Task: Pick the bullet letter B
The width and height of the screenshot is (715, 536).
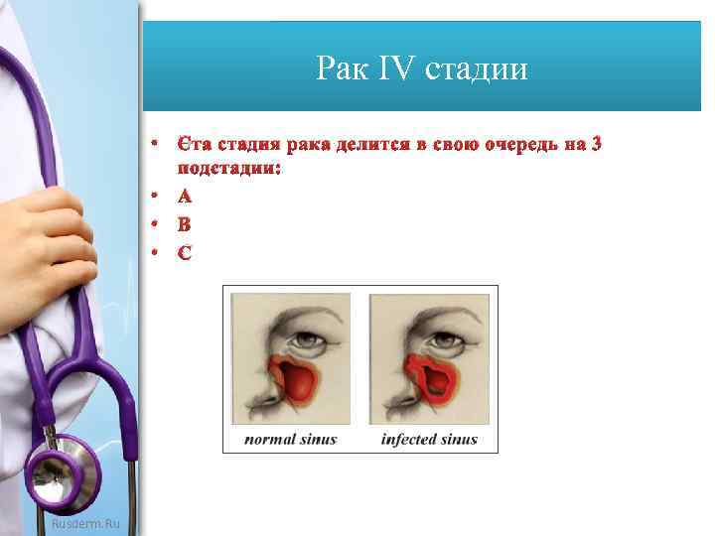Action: click(184, 223)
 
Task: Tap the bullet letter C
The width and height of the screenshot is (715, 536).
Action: click(184, 252)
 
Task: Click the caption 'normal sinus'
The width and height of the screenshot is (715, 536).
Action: click(290, 439)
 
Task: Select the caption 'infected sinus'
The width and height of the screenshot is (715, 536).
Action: click(429, 439)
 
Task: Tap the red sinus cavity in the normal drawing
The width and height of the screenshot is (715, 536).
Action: click(295, 381)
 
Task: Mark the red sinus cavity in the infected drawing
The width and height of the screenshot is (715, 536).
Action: click(434, 380)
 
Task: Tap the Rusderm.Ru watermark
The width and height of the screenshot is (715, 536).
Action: click(85, 522)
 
